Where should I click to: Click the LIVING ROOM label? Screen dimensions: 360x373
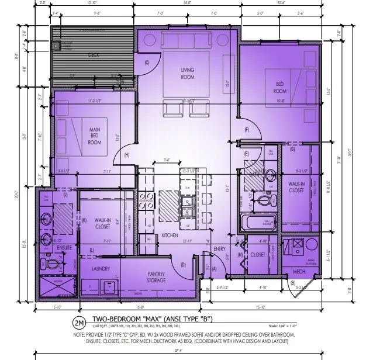187,74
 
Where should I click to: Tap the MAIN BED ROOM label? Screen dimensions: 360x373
95,135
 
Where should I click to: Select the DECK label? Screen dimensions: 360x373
94,55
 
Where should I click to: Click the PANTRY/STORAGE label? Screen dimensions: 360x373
157,277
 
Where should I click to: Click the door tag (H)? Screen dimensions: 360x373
127,154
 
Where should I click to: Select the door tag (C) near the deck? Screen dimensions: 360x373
147,63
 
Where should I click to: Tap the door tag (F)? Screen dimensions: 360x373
247,130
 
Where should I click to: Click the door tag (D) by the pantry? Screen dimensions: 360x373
183,265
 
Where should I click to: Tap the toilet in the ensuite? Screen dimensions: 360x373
52,264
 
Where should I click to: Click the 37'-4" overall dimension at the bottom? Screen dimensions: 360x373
186,352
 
